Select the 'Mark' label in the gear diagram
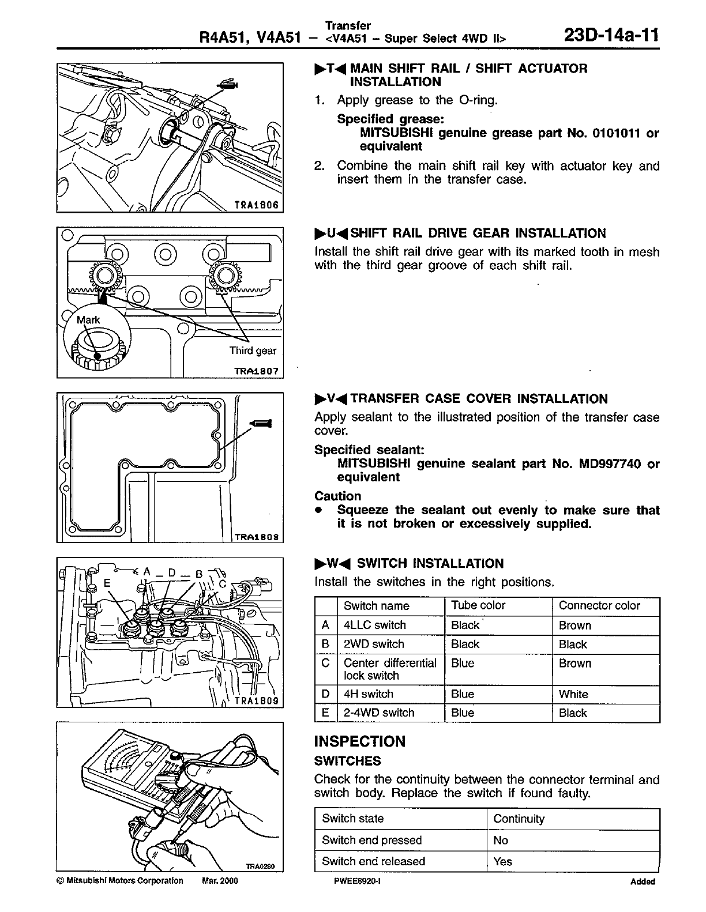tap(89, 320)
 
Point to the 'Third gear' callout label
tap(253, 351)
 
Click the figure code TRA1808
tap(258, 536)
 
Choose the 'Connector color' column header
tap(599, 605)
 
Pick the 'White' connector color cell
tap(573, 694)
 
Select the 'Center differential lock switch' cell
tap(390, 669)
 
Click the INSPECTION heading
tap(359, 741)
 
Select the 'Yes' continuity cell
tap(502, 861)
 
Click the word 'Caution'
tap(337, 496)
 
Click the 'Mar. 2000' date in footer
tap(220, 881)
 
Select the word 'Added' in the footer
tap(643, 881)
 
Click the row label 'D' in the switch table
tap(325, 694)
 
